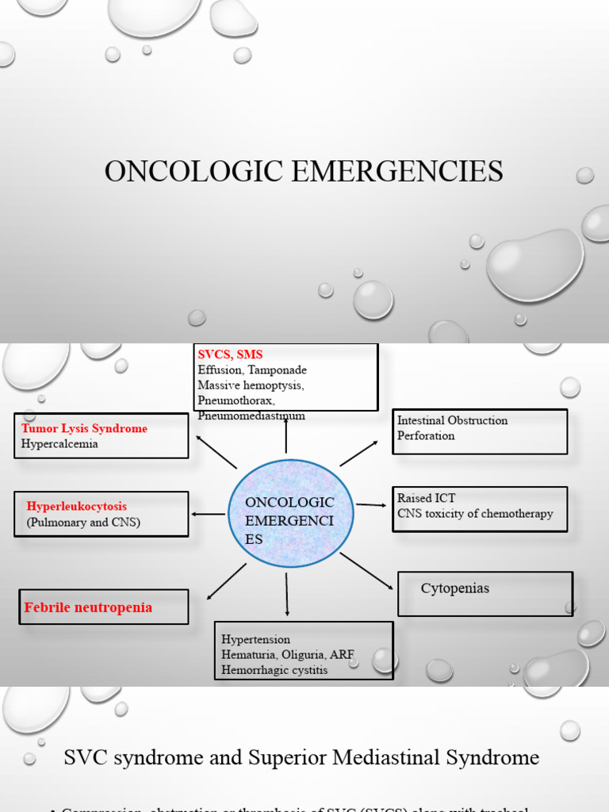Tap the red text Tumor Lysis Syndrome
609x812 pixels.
click(x=84, y=428)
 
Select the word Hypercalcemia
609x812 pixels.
click(x=59, y=444)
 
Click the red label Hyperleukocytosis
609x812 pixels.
click(x=76, y=506)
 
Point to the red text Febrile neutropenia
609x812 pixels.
click(x=88, y=607)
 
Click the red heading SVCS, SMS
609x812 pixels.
click(x=230, y=354)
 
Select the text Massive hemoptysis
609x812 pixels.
click(x=251, y=385)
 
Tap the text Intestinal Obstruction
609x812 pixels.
click(x=452, y=420)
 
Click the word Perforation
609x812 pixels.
click(x=426, y=435)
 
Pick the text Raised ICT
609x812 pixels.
click(x=427, y=498)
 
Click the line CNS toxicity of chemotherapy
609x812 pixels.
click(x=475, y=513)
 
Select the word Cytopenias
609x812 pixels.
click(x=454, y=588)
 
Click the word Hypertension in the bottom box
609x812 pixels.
click(x=255, y=639)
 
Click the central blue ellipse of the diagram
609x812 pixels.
click(x=290, y=514)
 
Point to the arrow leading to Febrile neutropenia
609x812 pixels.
click(x=226, y=581)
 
